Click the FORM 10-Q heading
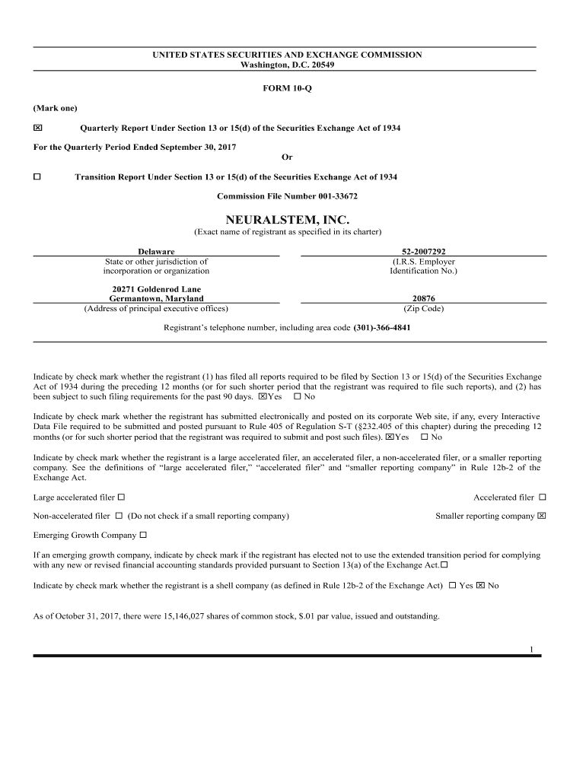pos(287,89)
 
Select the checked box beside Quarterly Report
pos(37,128)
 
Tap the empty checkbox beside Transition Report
pos(37,176)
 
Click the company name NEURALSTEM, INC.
pos(287,219)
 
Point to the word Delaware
pos(156,251)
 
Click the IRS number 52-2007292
pos(423,251)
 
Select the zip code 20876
pos(423,299)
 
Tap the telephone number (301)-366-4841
pos(384,328)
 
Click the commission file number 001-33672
pos(323,196)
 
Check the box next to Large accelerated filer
pos(121,498)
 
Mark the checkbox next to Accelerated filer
pos(542,498)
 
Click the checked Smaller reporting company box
pos(542,516)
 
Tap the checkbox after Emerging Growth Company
pos(143,535)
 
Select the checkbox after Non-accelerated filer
pos(119,516)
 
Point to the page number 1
pos(531,649)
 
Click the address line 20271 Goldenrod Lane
pos(156,289)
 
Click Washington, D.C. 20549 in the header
pos(287,65)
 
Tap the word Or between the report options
pos(287,157)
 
